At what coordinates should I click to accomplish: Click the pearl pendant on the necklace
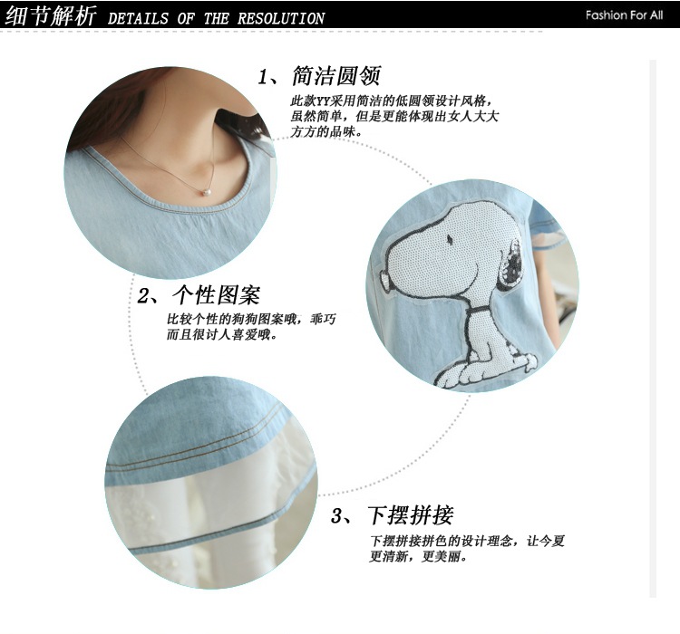click(207, 192)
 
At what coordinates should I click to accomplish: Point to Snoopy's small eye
click(450, 238)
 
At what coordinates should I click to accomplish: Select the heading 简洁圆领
click(336, 76)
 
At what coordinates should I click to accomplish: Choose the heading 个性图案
click(216, 295)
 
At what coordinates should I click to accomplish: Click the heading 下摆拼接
click(410, 515)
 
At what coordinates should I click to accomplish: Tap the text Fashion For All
click(624, 15)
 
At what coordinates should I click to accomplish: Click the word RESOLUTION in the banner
click(280, 18)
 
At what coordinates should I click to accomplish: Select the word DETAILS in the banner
click(138, 18)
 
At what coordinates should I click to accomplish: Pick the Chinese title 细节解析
click(50, 16)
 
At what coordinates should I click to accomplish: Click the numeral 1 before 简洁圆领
click(262, 78)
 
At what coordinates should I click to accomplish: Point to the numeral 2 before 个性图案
click(143, 297)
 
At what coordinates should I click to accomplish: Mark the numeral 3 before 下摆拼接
click(337, 516)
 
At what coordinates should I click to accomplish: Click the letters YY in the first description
click(323, 101)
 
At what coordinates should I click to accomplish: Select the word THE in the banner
click(216, 18)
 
